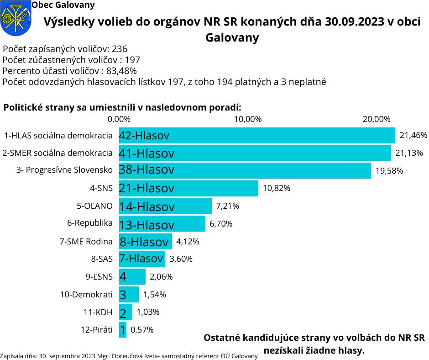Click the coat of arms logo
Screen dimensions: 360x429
coord(14,18)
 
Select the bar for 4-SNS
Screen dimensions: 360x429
coord(188,188)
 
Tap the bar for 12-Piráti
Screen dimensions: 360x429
coord(122,329)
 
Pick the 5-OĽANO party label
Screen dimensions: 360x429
coord(94,206)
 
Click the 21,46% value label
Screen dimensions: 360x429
coord(413,135)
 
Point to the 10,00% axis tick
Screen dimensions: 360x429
coord(248,119)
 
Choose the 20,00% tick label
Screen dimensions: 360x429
coord(377,119)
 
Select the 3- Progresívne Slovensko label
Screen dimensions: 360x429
coord(64,170)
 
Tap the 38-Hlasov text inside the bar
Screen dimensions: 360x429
coord(146,170)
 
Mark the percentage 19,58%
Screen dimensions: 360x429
coord(389,170)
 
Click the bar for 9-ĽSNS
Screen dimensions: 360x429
coord(132,276)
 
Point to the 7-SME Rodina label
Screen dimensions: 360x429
coord(86,241)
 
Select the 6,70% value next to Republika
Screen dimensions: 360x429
coord(221,224)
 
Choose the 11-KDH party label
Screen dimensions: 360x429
coord(98,312)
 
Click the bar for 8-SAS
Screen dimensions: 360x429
coord(142,259)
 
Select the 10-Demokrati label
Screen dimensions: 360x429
coord(86,294)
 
